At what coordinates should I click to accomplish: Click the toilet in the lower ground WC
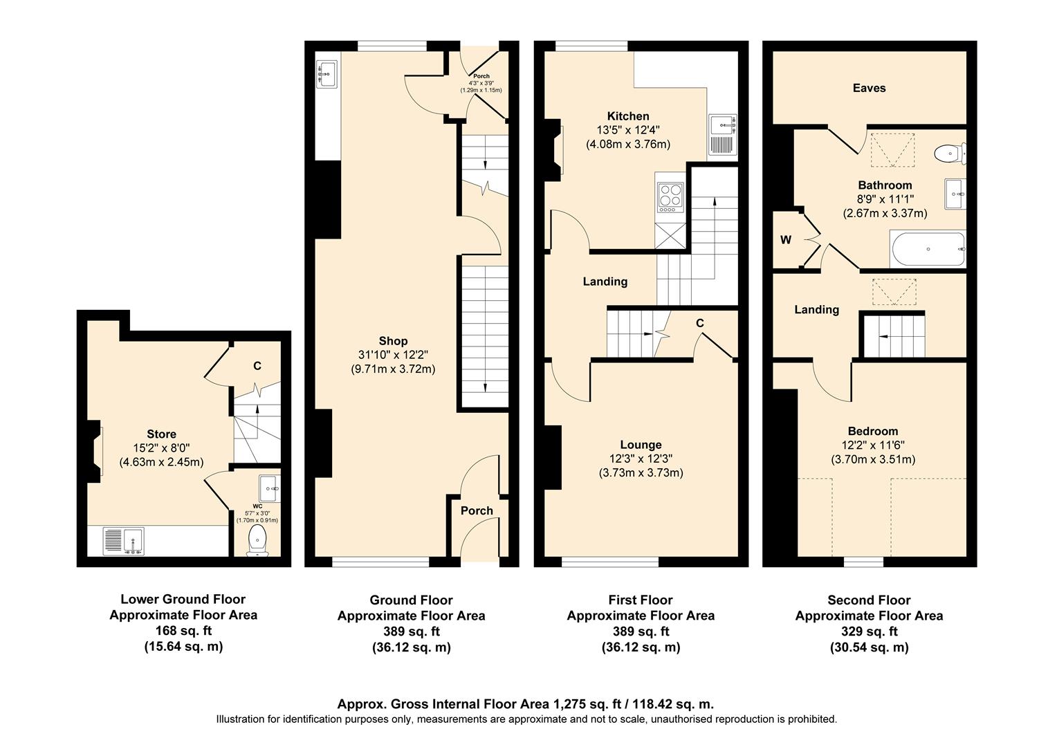tap(257, 538)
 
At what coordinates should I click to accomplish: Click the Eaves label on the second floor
tap(869, 88)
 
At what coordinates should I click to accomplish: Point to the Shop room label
tap(393, 341)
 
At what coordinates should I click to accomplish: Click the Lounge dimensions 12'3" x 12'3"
tap(641, 459)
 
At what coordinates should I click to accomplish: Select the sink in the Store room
tap(123, 541)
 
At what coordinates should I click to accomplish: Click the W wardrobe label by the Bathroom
tap(786, 240)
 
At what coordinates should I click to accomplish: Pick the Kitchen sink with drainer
tap(723, 135)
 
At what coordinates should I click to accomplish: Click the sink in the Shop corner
tap(327, 74)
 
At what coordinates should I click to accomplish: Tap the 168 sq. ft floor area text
tap(183, 631)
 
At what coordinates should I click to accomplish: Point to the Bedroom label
tap(872, 431)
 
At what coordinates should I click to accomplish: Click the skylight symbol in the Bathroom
tap(892, 150)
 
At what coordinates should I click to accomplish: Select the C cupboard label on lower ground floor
tap(257, 366)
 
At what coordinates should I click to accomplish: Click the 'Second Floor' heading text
tap(869, 600)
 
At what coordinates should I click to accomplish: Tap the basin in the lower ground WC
tap(269, 488)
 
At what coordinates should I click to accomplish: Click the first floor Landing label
tap(605, 282)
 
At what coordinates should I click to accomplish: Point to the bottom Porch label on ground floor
tap(477, 510)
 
